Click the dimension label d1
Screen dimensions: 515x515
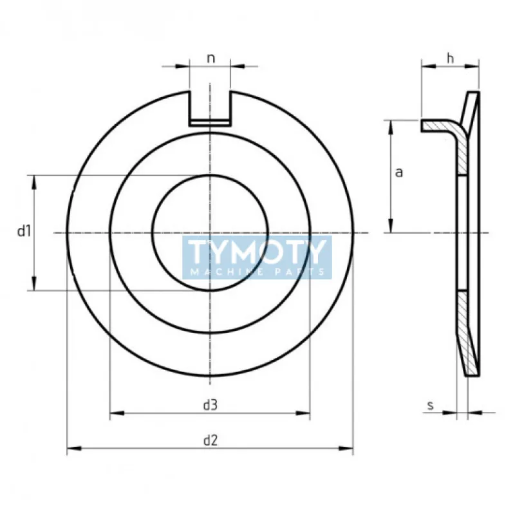click(x=24, y=232)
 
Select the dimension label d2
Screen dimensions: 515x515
click(x=211, y=440)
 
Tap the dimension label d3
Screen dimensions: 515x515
click(x=211, y=405)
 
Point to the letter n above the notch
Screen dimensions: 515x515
click(x=211, y=59)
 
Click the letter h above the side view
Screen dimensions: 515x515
click(x=450, y=58)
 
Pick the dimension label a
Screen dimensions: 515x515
click(x=399, y=172)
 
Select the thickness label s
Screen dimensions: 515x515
click(x=431, y=406)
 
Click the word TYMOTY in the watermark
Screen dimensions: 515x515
click(x=256, y=252)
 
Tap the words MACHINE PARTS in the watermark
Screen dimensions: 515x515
click(x=257, y=272)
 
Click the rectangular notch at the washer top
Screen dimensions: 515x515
click(x=210, y=108)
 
